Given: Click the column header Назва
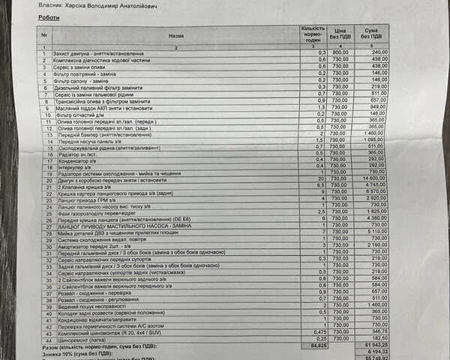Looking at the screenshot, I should [x=176, y=34].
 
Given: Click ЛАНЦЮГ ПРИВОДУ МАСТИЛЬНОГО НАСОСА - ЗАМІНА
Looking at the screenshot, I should [x=124, y=224].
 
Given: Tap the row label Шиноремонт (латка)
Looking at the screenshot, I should [x=82, y=338].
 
